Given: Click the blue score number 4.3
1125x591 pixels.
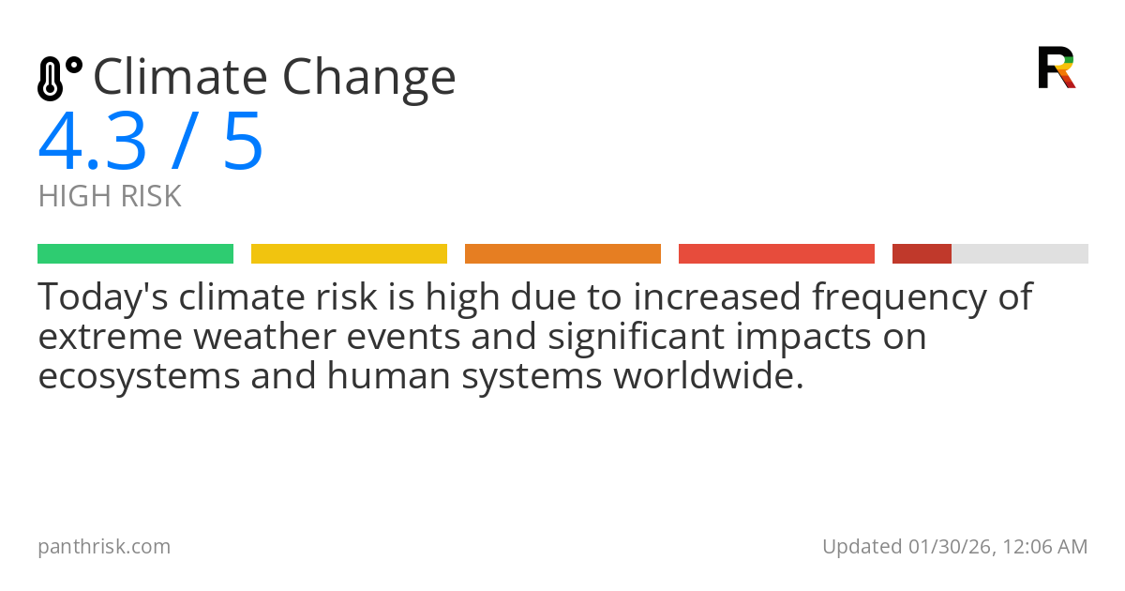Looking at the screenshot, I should point(92,143).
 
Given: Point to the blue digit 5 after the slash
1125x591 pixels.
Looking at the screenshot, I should point(243,143).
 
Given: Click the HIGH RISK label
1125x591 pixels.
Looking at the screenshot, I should point(110,197).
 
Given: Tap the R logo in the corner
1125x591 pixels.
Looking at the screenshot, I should point(1056,68).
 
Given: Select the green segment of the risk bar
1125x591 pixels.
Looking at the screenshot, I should point(135,254).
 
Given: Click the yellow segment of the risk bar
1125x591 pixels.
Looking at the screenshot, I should point(349,254).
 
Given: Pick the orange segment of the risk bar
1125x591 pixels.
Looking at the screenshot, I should point(562,254).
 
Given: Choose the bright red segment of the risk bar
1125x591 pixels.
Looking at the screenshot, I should point(776,254).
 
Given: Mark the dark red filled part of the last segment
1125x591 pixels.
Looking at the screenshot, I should point(922,254).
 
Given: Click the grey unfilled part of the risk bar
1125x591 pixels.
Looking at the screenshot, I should point(1020,254).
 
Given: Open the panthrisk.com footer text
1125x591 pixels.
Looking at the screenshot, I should point(104,547).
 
